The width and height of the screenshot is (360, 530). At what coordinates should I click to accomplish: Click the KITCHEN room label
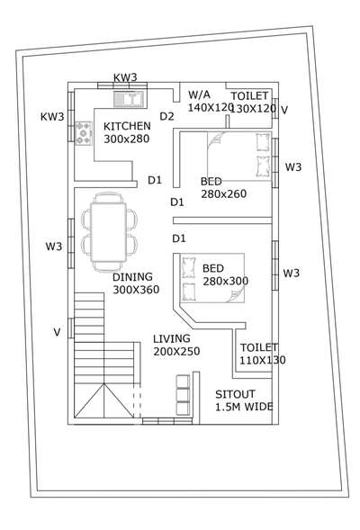point(127,126)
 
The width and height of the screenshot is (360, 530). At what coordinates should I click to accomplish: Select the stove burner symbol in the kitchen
point(85,133)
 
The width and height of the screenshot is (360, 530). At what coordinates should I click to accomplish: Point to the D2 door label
point(166,116)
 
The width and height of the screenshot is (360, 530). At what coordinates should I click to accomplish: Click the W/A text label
point(199,95)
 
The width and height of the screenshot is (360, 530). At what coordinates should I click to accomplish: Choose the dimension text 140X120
point(209,108)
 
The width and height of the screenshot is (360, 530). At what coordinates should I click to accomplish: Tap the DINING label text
point(133,277)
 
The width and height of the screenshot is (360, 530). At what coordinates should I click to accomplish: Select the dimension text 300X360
point(135,290)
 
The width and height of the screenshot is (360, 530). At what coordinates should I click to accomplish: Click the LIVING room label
point(172,338)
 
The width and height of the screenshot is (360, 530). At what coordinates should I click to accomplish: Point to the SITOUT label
point(235,395)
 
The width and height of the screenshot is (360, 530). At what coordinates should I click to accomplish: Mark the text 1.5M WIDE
point(245,408)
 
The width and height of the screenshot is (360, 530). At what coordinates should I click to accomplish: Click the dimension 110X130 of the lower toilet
point(262,360)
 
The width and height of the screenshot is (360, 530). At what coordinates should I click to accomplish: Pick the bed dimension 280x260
point(224,194)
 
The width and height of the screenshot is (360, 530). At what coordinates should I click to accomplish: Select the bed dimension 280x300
point(225,281)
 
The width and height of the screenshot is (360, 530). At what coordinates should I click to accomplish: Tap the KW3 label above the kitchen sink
point(126,78)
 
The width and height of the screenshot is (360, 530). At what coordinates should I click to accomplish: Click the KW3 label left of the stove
point(52,117)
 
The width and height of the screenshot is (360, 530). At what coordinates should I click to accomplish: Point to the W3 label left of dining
point(53,246)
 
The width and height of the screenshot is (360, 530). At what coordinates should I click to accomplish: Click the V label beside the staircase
point(57,332)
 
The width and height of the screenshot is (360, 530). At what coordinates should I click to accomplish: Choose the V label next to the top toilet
point(284,110)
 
